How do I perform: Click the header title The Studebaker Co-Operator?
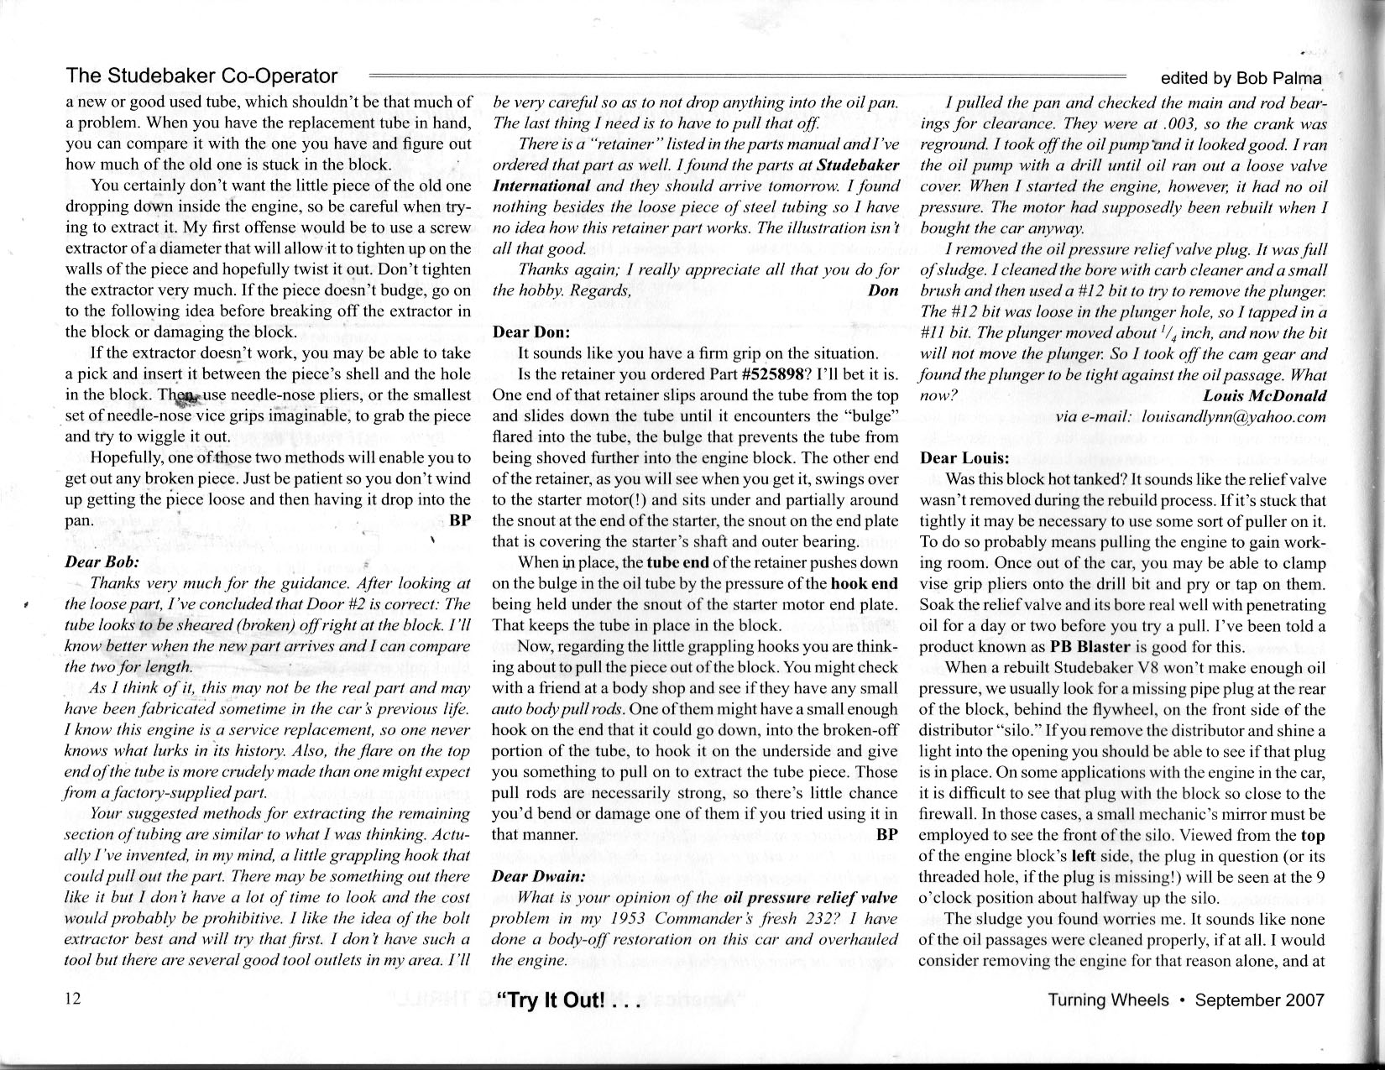(201, 76)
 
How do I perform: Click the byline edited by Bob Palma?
(1241, 78)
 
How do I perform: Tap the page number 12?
(72, 1000)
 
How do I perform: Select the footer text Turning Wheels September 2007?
(1185, 1000)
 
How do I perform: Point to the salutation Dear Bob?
(102, 561)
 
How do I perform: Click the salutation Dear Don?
(531, 331)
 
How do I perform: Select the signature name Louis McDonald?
(1265, 395)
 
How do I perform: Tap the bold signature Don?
(883, 290)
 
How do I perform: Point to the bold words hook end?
(864, 583)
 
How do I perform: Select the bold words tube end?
(677, 562)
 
